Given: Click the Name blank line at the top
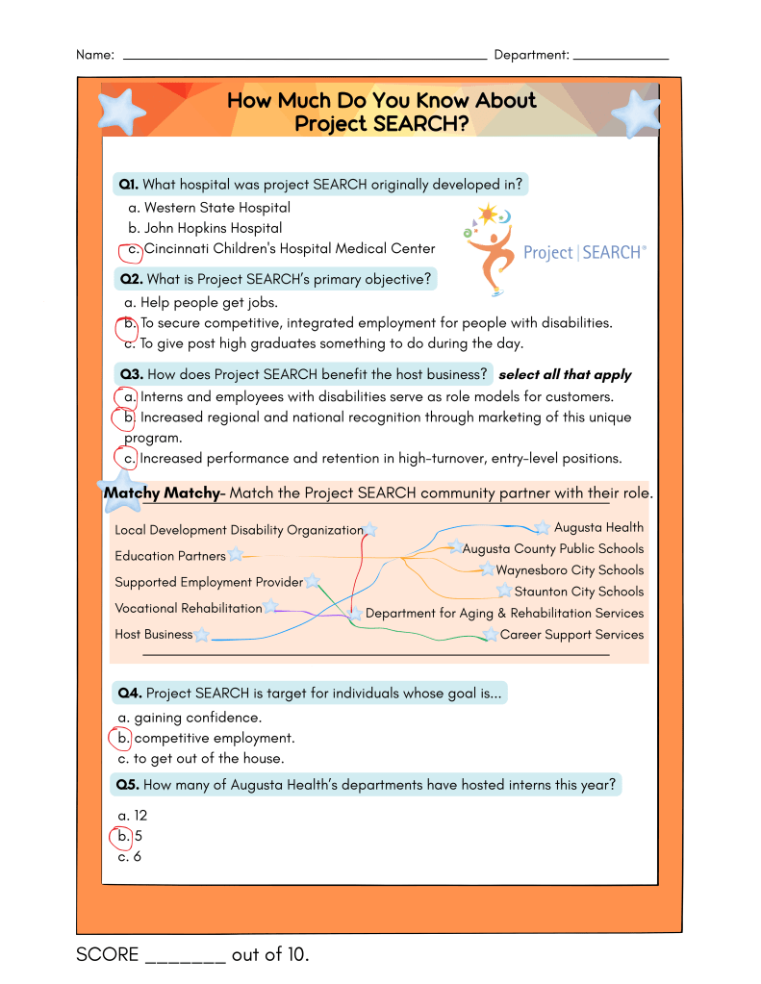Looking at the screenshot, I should pyautogui.click(x=304, y=57).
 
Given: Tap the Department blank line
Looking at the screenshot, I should pyautogui.click(x=621, y=57).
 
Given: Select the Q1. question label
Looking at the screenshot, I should pyautogui.click(x=129, y=185).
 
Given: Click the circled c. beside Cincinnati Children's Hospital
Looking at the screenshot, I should pyautogui.click(x=131, y=250).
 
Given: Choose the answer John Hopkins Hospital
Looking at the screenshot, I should pyautogui.click(x=213, y=229).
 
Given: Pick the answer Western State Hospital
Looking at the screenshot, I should pyautogui.click(x=216, y=208).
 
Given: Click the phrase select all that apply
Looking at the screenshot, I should pyautogui.click(x=565, y=375).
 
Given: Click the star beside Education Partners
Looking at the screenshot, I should pyautogui.click(x=236, y=555).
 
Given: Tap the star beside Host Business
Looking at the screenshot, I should pyautogui.click(x=201, y=635).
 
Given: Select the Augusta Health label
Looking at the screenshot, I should pyautogui.click(x=598, y=528).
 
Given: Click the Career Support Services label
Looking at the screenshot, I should pyautogui.click(x=571, y=635).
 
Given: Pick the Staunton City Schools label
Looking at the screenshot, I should pyautogui.click(x=578, y=593).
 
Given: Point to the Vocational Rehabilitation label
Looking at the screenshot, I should pyautogui.click(x=188, y=608).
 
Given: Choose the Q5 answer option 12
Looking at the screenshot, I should pyautogui.click(x=140, y=816).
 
